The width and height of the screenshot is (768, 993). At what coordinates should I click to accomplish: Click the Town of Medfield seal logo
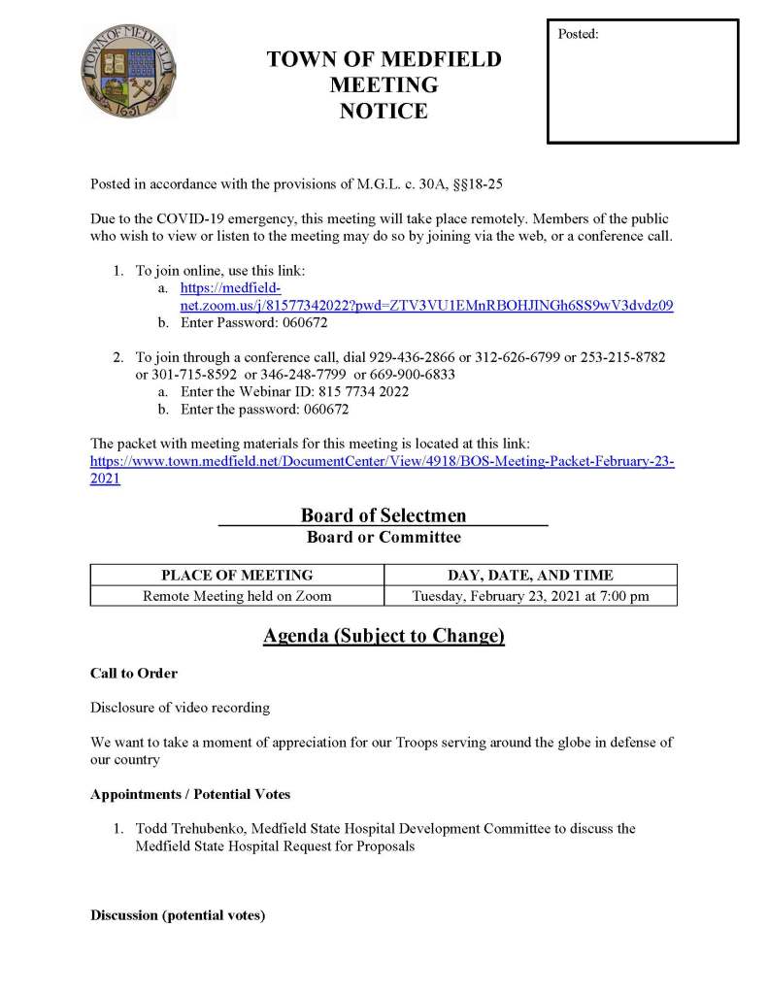pos(129,72)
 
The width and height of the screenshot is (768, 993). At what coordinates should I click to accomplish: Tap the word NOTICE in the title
pos(384,112)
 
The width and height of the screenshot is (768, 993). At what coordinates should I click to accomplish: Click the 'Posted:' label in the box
pos(579,34)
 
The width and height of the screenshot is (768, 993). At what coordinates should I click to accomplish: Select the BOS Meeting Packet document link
pos(382,462)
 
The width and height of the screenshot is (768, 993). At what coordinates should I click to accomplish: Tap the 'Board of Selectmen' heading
pos(383,515)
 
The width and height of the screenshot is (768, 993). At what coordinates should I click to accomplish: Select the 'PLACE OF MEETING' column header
pos(237,575)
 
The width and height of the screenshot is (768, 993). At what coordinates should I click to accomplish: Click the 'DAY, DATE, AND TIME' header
pos(530,575)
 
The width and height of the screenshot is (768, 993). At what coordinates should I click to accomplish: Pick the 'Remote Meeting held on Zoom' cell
pos(237,596)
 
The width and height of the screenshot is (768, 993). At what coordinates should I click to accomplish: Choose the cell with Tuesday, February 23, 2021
pos(530,596)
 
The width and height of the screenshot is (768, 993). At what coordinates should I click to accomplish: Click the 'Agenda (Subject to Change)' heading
pos(384,637)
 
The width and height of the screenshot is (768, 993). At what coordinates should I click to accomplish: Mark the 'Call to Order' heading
pos(134,673)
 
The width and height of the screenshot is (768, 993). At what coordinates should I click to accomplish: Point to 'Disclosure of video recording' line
pos(181,708)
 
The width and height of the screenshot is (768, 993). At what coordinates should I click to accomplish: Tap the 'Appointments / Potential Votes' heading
pos(190,794)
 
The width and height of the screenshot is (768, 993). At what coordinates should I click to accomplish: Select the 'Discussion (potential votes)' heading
pos(178,915)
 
